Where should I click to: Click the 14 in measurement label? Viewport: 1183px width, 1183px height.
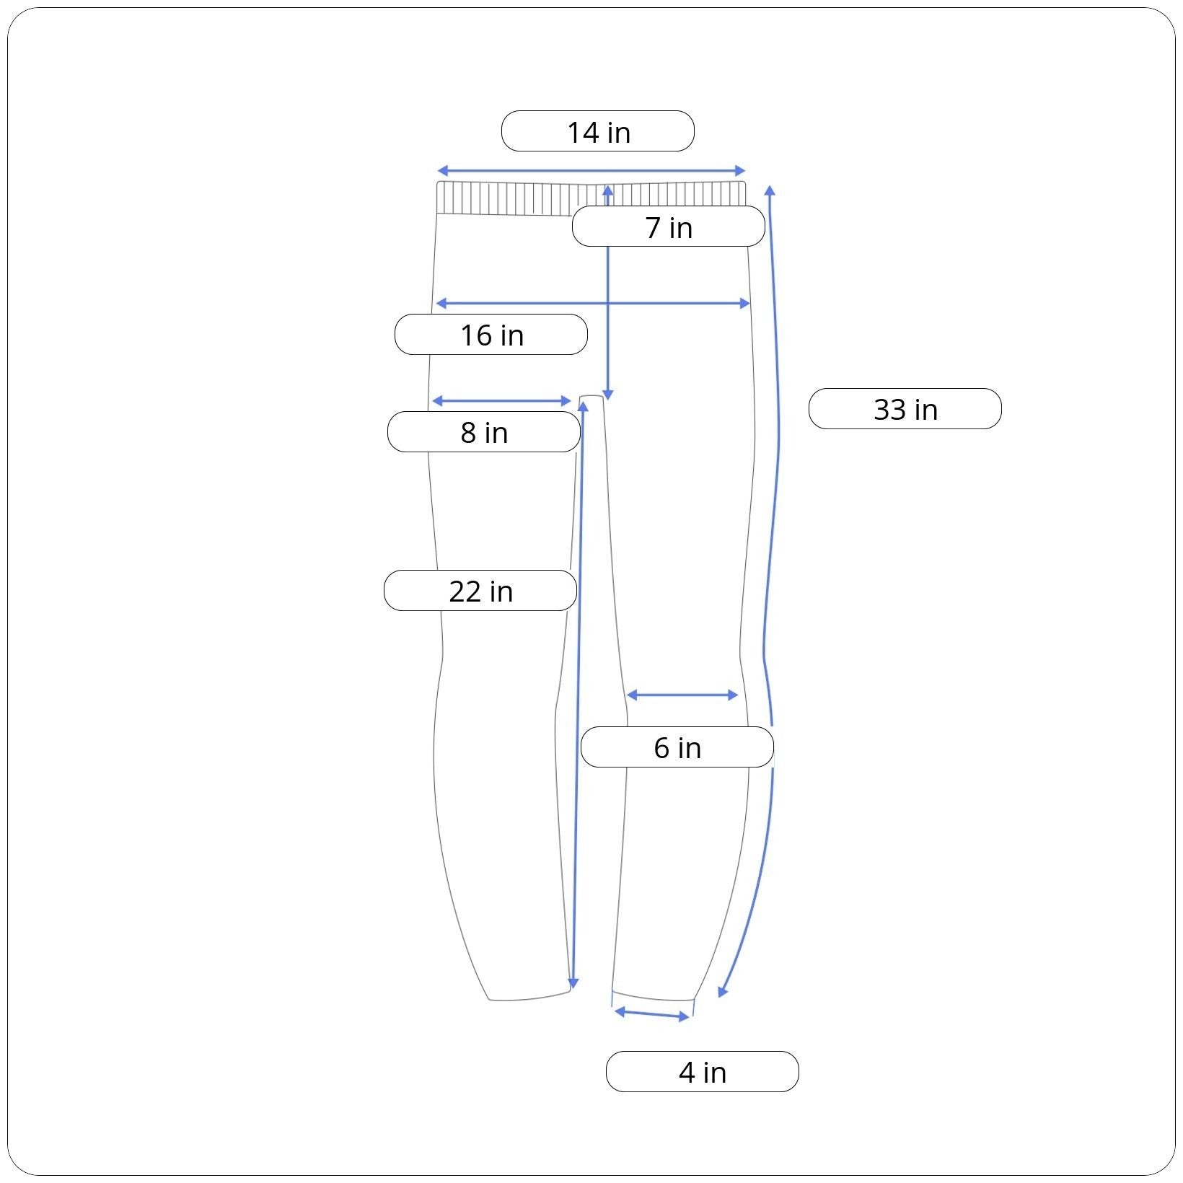[598, 131]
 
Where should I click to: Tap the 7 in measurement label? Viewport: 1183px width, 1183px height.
[669, 227]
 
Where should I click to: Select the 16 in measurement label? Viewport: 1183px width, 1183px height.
[491, 335]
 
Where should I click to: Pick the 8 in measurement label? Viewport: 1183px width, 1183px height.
[484, 432]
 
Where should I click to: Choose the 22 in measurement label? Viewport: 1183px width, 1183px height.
[480, 591]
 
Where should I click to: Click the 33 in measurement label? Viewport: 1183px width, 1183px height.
[905, 409]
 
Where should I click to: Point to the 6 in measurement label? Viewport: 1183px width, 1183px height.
[677, 747]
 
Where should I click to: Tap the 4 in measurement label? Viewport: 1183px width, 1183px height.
[703, 1072]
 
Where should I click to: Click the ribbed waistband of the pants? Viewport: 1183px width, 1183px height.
[591, 198]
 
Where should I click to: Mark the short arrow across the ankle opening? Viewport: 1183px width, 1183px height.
[652, 1015]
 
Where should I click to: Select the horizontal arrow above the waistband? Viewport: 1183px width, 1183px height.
[591, 171]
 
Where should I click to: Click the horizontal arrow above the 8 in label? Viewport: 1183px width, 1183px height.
[501, 401]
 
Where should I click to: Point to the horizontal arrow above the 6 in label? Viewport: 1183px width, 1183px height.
[682, 695]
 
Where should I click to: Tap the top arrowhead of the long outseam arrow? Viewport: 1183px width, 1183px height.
[770, 190]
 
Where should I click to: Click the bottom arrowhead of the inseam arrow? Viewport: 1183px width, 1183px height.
[573, 984]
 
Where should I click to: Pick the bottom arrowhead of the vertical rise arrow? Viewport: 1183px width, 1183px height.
[607, 395]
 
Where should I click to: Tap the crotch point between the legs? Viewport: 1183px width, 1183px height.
[591, 396]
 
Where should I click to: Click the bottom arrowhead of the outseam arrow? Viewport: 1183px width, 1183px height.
[722, 992]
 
